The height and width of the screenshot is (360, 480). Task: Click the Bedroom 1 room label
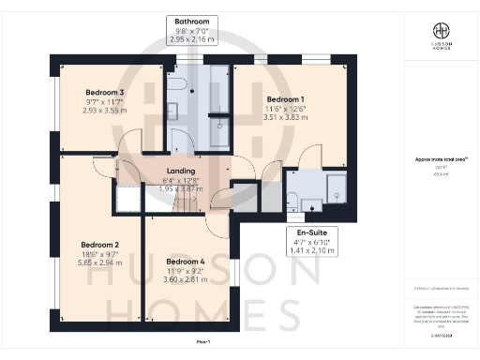click(x=285, y=98)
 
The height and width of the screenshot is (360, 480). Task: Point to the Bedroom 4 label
click(x=185, y=262)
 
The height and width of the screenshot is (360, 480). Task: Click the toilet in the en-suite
click(x=292, y=199)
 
